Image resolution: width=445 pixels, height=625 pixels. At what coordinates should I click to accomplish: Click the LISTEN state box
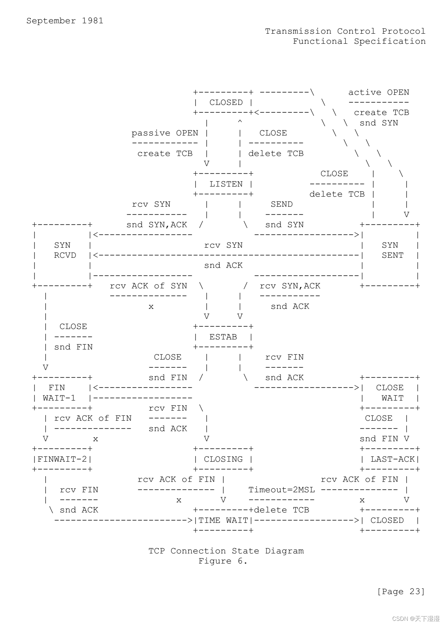[224, 184]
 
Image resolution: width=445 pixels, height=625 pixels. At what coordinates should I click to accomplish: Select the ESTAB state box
[224, 337]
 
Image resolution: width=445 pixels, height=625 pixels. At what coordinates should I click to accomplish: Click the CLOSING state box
[224, 459]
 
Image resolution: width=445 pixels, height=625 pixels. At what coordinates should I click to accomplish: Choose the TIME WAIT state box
[224, 520]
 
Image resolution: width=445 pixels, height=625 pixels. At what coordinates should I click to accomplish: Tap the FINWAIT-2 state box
[62, 459]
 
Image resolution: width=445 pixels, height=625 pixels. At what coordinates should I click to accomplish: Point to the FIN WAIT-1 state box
[62, 393]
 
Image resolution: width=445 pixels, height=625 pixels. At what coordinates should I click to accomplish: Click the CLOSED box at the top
[224, 102]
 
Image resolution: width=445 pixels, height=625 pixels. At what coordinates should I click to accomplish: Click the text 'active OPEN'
[379, 92]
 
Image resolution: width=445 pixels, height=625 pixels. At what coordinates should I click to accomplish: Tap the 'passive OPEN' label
[165, 133]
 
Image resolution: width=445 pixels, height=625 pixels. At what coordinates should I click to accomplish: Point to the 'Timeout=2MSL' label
[282, 490]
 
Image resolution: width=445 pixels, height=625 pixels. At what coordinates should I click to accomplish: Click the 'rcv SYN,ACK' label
[290, 286]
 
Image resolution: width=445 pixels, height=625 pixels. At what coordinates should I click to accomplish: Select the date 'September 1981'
[65, 21]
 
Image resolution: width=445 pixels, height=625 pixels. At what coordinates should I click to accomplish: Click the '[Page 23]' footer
[401, 591]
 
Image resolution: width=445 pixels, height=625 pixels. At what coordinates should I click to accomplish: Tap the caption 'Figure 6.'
[223, 561]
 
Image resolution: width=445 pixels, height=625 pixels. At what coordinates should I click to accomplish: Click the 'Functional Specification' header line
[359, 41]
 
